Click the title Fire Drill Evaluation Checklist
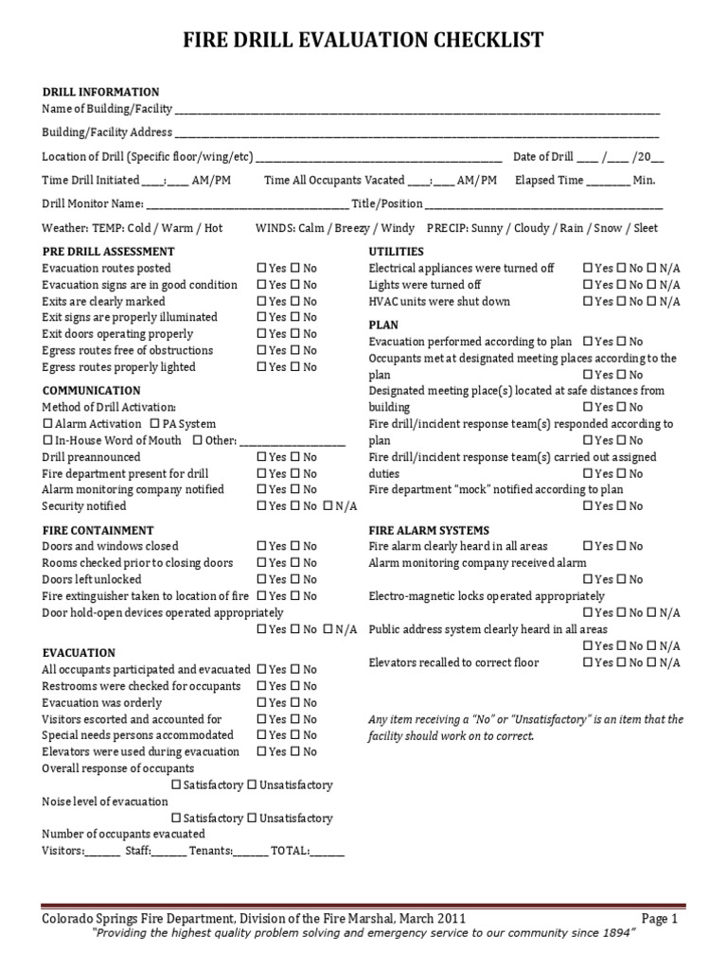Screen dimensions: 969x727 tap(363, 40)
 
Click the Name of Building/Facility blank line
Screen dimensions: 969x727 tap(417, 112)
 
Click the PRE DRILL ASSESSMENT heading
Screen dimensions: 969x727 tap(108, 252)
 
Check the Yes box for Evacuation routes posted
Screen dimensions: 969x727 tap(262, 269)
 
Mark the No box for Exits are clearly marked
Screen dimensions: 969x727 tap(295, 302)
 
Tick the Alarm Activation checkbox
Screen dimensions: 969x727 tap(48, 424)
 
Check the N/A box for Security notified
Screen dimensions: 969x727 tap(328, 506)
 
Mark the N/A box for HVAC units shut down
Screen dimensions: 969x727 tap(652, 302)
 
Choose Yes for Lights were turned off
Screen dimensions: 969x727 tap(589, 285)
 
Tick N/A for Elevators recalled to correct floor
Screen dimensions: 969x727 tap(652, 663)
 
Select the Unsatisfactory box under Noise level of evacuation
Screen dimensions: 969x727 tap(253, 819)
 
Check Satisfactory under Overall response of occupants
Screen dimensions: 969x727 tap(176, 785)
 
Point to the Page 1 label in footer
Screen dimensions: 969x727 tap(659, 919)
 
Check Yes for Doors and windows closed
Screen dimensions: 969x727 tap(262, 547)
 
